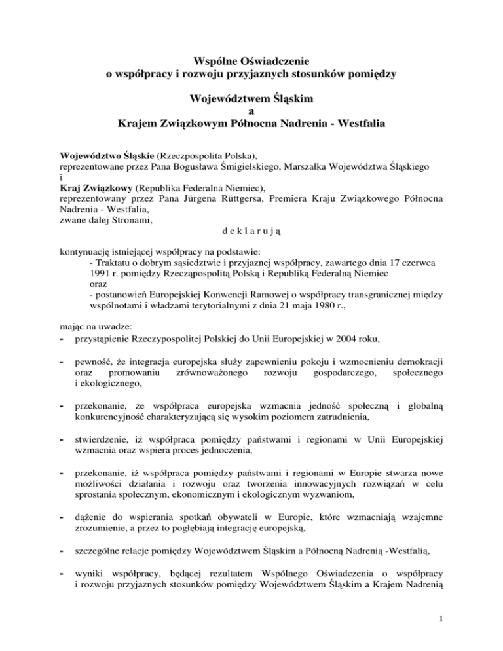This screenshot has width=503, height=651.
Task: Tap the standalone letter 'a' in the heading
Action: point(251,110)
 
